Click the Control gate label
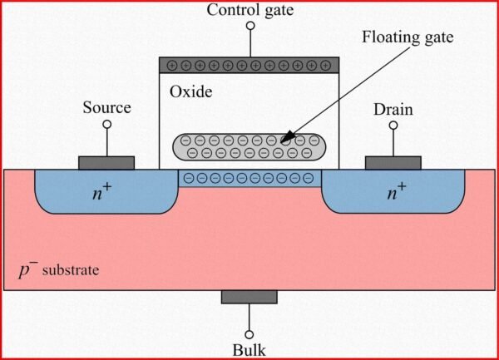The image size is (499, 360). (249, 10)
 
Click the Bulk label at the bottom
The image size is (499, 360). (249, 350)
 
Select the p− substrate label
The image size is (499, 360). (58, 270)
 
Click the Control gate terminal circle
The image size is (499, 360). (249, 27)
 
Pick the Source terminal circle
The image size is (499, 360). (106, 126)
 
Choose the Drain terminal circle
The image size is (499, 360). (393, 126)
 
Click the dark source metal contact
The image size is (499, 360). (106, 162)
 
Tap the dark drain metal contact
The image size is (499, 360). (393, 162)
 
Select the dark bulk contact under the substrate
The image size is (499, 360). (249, 297)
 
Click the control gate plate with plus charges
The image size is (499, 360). (249, 64)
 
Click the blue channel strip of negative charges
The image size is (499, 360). (249, 178)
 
